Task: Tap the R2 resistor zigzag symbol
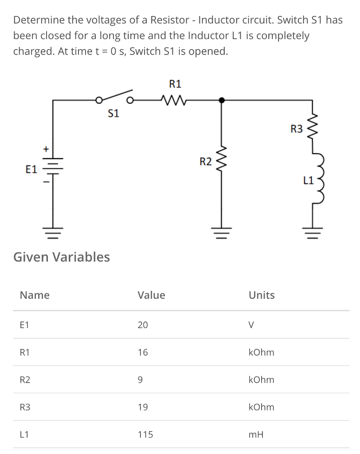223,162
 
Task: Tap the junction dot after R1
223,100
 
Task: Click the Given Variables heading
62,257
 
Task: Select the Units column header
262,295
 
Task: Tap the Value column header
151,295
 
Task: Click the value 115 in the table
145,434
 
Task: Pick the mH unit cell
256,434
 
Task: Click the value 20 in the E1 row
142,325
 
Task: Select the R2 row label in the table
26,380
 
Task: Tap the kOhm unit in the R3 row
262,407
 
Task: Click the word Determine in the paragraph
39,20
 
